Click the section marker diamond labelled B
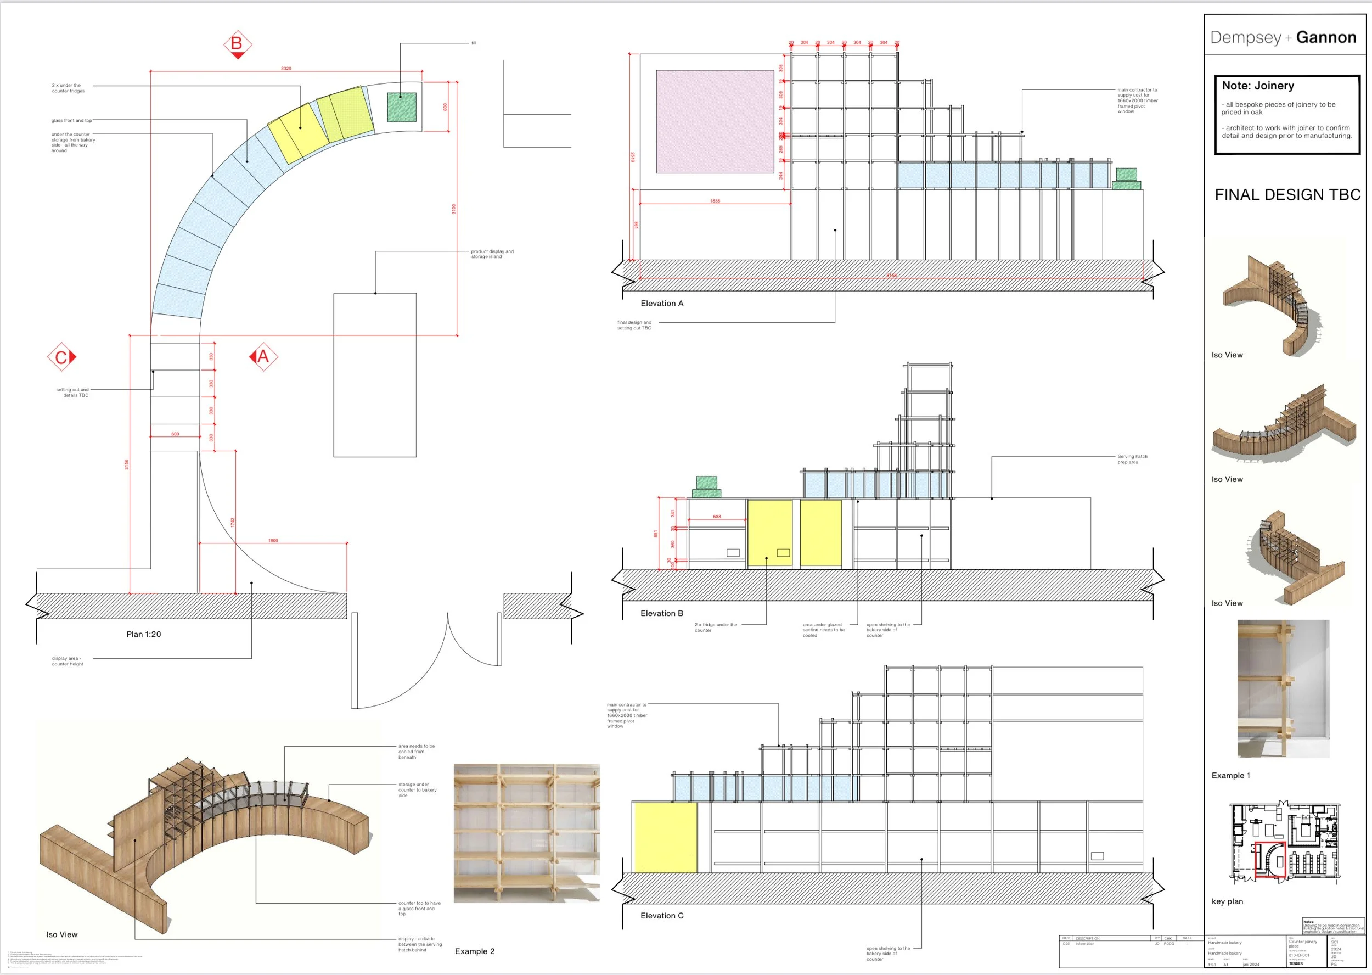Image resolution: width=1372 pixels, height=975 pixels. pyautogui.click(x=237, y=44)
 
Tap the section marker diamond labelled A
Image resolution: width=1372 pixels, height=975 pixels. pyautogui.click(x=263, y=357)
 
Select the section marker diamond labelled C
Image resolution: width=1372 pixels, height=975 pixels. pyautogui.click(x=61, y=358)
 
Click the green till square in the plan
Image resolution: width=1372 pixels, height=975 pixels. pyautogui.click(x=402, y=107)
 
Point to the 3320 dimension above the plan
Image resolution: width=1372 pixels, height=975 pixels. pyautogui.click(x=286, y=69)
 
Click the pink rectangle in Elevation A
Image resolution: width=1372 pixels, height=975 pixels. pyautogui.click(x=715, y=121)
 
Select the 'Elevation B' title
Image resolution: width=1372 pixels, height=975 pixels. pyautogui.click(x=661, y=613)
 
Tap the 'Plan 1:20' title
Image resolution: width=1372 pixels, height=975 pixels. pyautogui.click(x=143, y=634)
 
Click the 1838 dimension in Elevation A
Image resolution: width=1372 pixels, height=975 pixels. pyautogui.click(x=715, y=201)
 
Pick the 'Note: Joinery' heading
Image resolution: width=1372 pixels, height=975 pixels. pyautogui.click(x=1258, y=86)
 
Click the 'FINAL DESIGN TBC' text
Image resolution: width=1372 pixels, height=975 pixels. pyautogui.click(x=1287, y=194)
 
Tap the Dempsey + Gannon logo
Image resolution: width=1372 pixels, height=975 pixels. pyautogui.click(x=1283, y=37)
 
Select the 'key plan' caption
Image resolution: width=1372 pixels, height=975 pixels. pyautogui.click(x=1227, y=901)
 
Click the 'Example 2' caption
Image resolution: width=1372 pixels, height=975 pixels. pyautogui.click(x=475, y=951)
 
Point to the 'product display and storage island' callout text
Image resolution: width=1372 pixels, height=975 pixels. pyautogui.click(x=492, y=254)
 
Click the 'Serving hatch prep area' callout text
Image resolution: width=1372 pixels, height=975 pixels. pyautogui.click(x=1132, y=460)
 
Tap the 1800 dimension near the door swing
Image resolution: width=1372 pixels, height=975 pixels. pyautogui.click(x=273, y=540)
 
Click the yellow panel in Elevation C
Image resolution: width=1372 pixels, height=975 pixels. pyautogui.click(x=666, y=838)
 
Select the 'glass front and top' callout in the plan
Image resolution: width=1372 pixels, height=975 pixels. pyautogui.click(x=71, y=121)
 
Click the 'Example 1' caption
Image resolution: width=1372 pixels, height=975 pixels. pyautogui.click(x=1230, y=775)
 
